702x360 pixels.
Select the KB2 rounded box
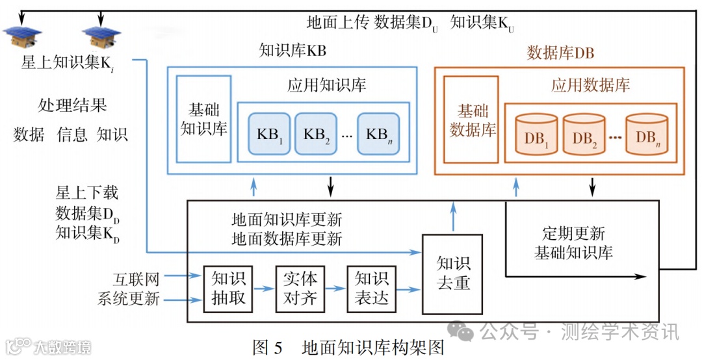[x=316, y=134]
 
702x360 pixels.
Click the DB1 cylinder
[x=536, y=136]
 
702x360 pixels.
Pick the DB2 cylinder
[x=584, y=136]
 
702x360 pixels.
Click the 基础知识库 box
[x=203, y=119]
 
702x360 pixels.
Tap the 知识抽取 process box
[x=227, y=289]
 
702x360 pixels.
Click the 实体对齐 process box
[x=299, y=289]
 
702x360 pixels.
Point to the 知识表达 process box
[x=371, y=289]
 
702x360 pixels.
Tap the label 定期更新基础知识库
[x=573, y=242]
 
